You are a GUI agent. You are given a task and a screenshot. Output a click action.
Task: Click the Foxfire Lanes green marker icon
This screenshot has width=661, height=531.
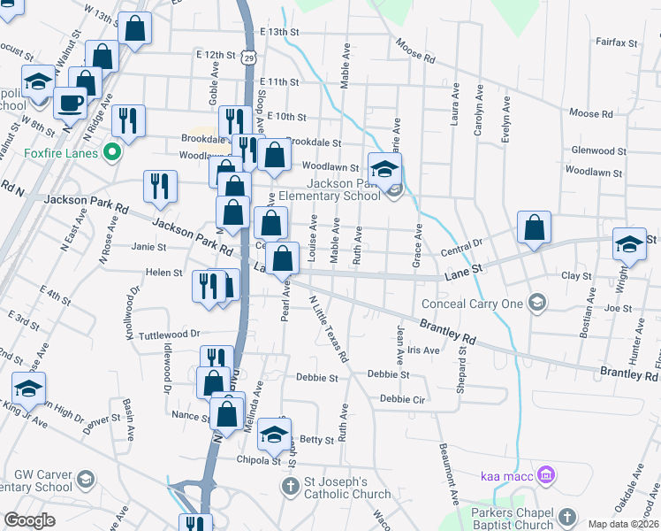112,152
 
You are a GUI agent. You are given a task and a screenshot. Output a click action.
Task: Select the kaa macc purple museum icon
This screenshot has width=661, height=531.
546,476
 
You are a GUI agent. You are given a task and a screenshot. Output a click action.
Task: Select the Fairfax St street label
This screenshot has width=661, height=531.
616,42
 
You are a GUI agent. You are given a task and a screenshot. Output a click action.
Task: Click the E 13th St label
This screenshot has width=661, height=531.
280,32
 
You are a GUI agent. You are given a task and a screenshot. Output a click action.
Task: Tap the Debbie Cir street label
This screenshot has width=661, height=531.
402,399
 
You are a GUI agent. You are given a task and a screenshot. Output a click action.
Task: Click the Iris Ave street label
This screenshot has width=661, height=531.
423,350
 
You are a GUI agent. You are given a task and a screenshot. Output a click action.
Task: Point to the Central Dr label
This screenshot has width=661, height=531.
460,252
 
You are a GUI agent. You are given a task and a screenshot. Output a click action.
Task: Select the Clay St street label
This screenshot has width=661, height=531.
576,276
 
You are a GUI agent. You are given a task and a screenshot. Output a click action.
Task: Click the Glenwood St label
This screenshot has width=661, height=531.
598,150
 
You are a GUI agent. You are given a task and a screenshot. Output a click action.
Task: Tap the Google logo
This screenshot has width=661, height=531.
29,519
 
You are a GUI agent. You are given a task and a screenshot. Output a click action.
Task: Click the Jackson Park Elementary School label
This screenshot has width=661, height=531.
329,189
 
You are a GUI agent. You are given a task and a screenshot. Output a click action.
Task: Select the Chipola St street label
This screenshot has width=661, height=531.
257,460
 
